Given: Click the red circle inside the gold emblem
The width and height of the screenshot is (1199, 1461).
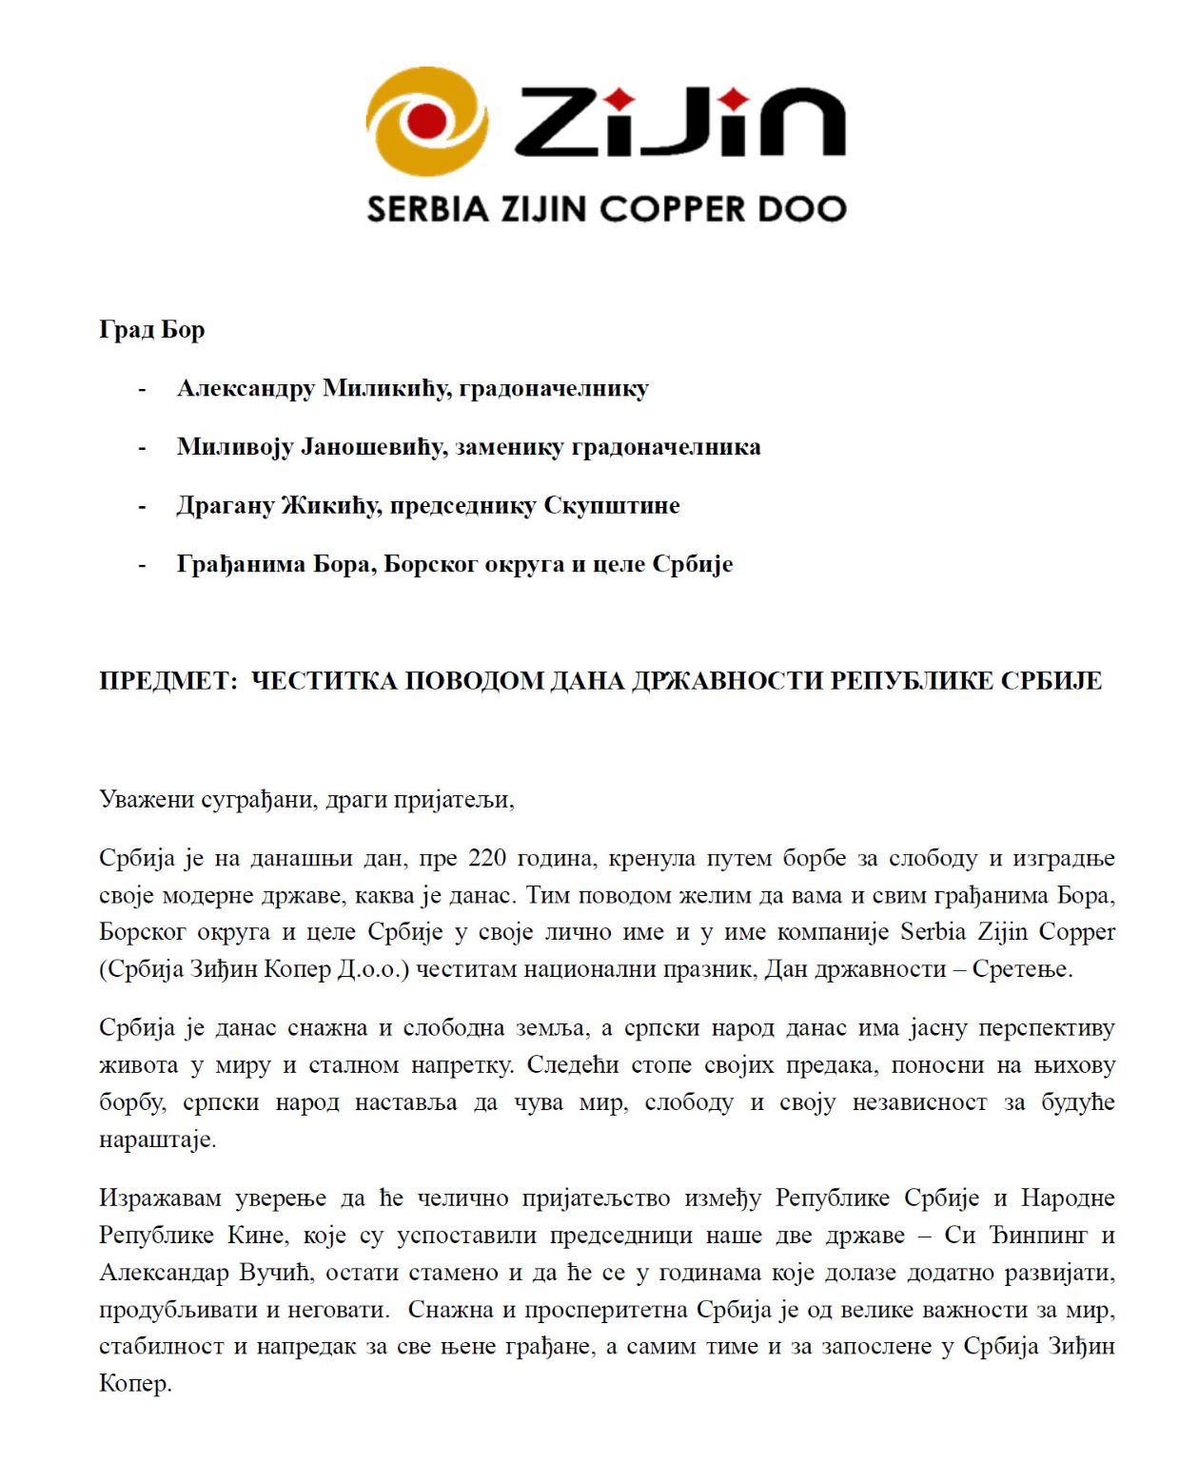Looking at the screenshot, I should [x=425, y=121].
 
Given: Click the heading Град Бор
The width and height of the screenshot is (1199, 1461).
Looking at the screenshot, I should [x=152, y=330].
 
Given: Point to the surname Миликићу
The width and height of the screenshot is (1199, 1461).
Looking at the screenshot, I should [x=386, y=389].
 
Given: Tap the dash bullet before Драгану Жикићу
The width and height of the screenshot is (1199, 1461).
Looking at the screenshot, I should [x=143, y=506].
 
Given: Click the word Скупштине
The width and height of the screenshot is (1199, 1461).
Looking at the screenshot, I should [x=612, y=506].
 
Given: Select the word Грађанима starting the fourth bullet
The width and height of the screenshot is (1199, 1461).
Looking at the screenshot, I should [x=229, y=565].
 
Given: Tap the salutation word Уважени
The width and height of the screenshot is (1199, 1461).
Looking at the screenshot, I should [x=147, y=799].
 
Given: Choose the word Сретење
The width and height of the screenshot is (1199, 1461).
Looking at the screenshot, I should [x=1022, y=969].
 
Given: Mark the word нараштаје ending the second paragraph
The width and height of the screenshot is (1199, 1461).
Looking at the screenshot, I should [x=157, y=1140].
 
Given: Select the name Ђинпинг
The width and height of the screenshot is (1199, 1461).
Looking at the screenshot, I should [x=1035, y=1236].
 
